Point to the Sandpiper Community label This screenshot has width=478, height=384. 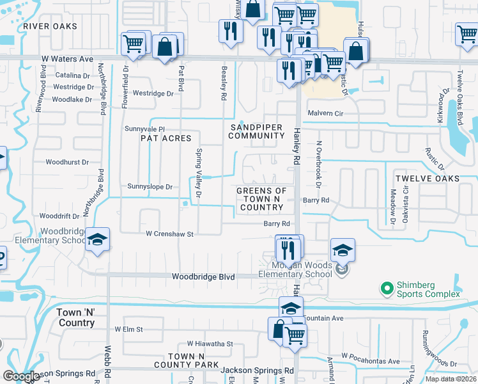pyautogui.click(x=256, y=131)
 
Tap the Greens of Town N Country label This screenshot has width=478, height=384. pyautogui.click(x=261, y=199)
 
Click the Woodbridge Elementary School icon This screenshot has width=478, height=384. pyautogui.click(x=96, y=240)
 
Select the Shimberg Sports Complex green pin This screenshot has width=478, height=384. pyautogui.click(x=386, y=289)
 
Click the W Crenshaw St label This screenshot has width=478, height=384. pyautogui.click(x=169, y=234)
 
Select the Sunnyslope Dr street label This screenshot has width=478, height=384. pyautogui.click(x=150, y=187)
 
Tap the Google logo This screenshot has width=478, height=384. pyautogui.click(x=22, y=376)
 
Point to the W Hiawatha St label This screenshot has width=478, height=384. pyautogui.click(x=210, y=344)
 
